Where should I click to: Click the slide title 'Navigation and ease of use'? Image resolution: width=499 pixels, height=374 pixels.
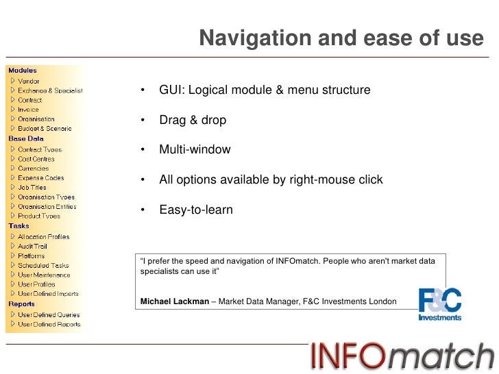click(x=341, y=39)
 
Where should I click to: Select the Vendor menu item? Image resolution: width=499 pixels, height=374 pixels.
click(x=29, y=81)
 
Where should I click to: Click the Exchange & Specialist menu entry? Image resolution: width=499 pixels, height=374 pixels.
click(x=50, y=90)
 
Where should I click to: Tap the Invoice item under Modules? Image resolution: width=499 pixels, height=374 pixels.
click(x=29, y=110)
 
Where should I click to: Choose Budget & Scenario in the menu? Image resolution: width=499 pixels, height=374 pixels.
click(x=45, y=129)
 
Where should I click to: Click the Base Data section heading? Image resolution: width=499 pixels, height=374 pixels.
click(x=26, y=138)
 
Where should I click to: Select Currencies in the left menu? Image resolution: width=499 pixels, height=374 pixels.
click(x=34, y=169)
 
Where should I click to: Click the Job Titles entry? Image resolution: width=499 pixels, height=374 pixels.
click(x=32, y=188)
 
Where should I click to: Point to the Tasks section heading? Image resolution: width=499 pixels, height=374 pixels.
click(x=19, y=225)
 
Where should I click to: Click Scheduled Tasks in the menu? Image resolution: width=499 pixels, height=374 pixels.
click(x=43, y=266)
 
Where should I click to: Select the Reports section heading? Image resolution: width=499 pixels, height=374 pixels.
click(x=21, y=303)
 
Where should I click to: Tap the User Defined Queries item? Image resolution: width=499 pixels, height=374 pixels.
click(x=49, y=315)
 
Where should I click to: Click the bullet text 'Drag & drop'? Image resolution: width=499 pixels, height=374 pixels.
click(x=193, y=121)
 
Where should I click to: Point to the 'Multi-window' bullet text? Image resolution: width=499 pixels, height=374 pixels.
click(x=195, y=150)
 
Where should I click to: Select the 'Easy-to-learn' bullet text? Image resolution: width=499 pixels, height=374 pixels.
click(x=196, y=210)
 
